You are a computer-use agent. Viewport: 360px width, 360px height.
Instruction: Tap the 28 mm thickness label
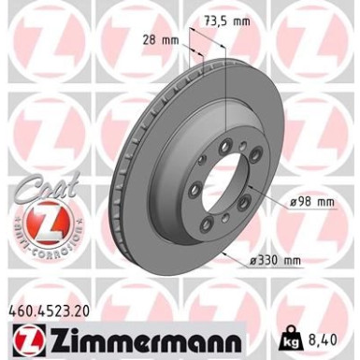[166, 40]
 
